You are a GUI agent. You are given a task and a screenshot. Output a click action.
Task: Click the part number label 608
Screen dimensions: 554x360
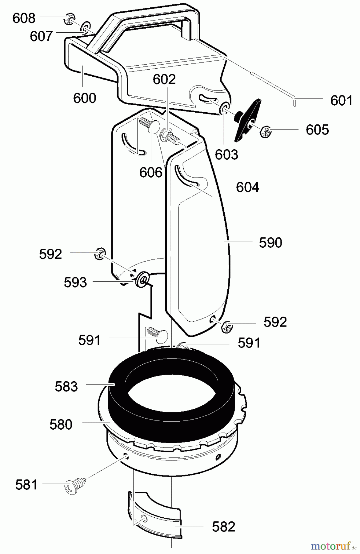[x=24, y=18]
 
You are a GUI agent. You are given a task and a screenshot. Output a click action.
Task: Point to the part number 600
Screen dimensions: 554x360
[x=85, y=98]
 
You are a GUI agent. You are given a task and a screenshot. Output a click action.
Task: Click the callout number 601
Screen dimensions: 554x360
[x=341, y=101]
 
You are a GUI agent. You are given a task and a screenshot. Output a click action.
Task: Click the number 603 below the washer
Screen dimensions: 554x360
[x=226, y=155]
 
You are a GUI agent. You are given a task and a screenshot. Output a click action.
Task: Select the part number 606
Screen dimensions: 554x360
[x=151, y=172]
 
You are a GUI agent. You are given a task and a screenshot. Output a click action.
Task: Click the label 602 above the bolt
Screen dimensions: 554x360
[x=164, y=79]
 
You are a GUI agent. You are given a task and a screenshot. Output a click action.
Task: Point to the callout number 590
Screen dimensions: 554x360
[x=270, y=243]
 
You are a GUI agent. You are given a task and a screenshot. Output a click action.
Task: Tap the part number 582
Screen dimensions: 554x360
[x=223, y=527]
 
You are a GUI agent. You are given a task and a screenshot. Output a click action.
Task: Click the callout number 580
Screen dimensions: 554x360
[x=61, y=424]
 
